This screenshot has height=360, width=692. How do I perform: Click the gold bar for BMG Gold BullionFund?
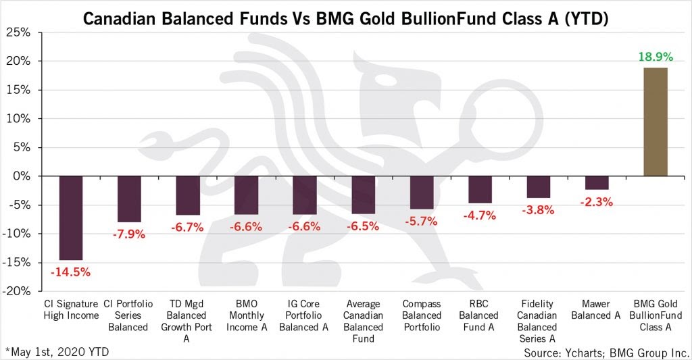pos(656,122)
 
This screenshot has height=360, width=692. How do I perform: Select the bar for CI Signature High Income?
pos(71,217)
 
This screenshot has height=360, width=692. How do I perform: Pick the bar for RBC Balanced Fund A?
pos(480,189)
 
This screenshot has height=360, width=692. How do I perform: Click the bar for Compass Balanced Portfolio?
pos(422,192)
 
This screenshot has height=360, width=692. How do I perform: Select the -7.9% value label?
pos(129,234)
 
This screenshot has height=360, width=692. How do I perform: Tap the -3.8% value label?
pos(538,210)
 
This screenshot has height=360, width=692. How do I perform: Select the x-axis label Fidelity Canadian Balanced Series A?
pos(538,321)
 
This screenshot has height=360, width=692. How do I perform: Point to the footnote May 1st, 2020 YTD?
pos(57,351)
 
